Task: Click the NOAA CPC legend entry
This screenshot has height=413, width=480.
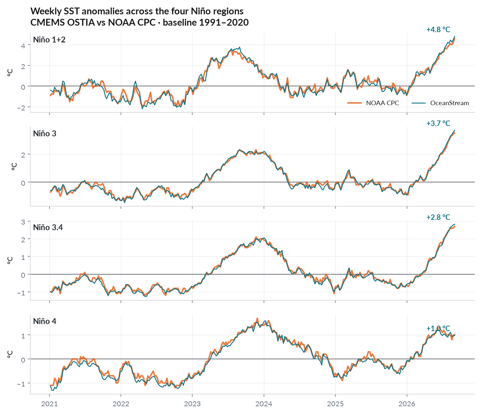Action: tap(373, 103)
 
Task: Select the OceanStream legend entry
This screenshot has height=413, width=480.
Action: tap(440, 103)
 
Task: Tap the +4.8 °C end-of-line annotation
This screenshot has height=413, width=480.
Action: tap(438, 30)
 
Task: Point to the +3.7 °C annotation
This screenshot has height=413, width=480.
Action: tap(438, 123)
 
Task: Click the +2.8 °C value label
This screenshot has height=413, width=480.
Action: tap(438, 217)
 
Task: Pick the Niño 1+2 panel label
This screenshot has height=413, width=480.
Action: tap(49, 40)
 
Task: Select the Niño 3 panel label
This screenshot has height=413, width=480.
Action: tap(45, 134)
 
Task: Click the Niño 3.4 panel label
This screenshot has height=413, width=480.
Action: tap(48, 227)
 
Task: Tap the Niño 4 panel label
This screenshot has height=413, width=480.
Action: tap(45, 321)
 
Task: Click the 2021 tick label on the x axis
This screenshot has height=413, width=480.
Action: tap(50, 404)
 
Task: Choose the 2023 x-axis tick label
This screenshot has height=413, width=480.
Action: tap(192, 404)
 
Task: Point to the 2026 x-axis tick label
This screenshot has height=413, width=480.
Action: tap(407, 404)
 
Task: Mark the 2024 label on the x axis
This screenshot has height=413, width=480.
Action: tap(264, 404)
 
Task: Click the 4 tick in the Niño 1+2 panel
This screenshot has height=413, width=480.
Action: tap(23, 46)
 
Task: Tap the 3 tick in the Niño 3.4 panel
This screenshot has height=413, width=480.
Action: tap(23, 222)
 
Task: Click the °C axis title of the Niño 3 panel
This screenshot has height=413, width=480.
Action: tap(14, 166)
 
